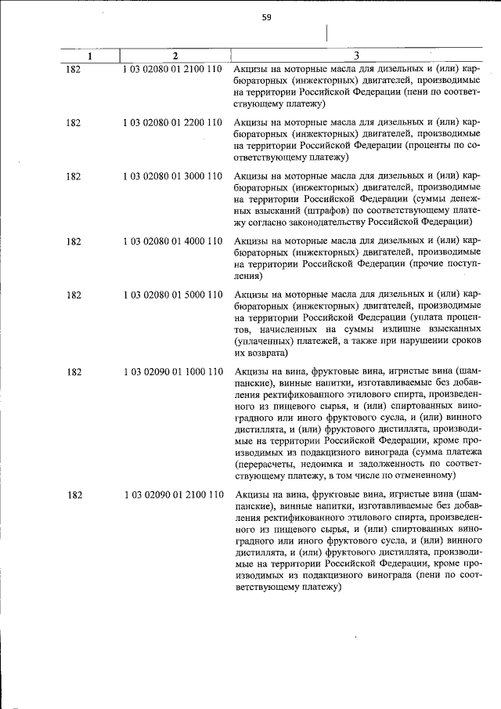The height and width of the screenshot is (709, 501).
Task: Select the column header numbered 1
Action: click(89, 56)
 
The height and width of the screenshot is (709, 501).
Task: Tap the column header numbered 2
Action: click(175, 56)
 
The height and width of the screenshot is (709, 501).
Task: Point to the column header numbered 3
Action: click(356, 56)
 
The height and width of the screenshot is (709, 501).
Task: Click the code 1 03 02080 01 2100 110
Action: click(174, 70)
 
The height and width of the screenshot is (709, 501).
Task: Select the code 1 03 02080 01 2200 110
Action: click(174, 123)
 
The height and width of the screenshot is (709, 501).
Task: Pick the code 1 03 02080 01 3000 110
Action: click(174, 176)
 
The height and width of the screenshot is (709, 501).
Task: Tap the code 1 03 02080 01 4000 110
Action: click(174, 241)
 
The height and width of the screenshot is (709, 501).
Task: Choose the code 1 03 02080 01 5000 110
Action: click(174, 295)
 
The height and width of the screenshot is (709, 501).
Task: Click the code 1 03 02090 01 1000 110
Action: click(174, 371)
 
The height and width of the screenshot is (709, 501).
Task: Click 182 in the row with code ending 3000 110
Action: click(74, 176)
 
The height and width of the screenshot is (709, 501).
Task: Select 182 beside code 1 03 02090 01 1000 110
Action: click(74, 371)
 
